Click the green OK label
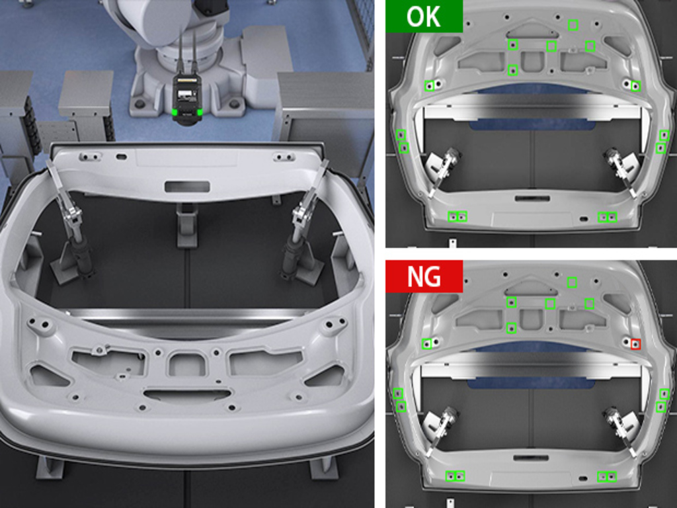pos(424,16)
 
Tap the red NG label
pos(424,276)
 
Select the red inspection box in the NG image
pos(635,344)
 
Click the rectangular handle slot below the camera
pos(187,187)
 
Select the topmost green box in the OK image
pos(573,25)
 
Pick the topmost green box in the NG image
pos(572,282)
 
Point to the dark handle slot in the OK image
pos(532,198)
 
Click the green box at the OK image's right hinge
pos(635,86)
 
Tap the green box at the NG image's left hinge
pos(427,344)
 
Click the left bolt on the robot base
pos(139,104)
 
